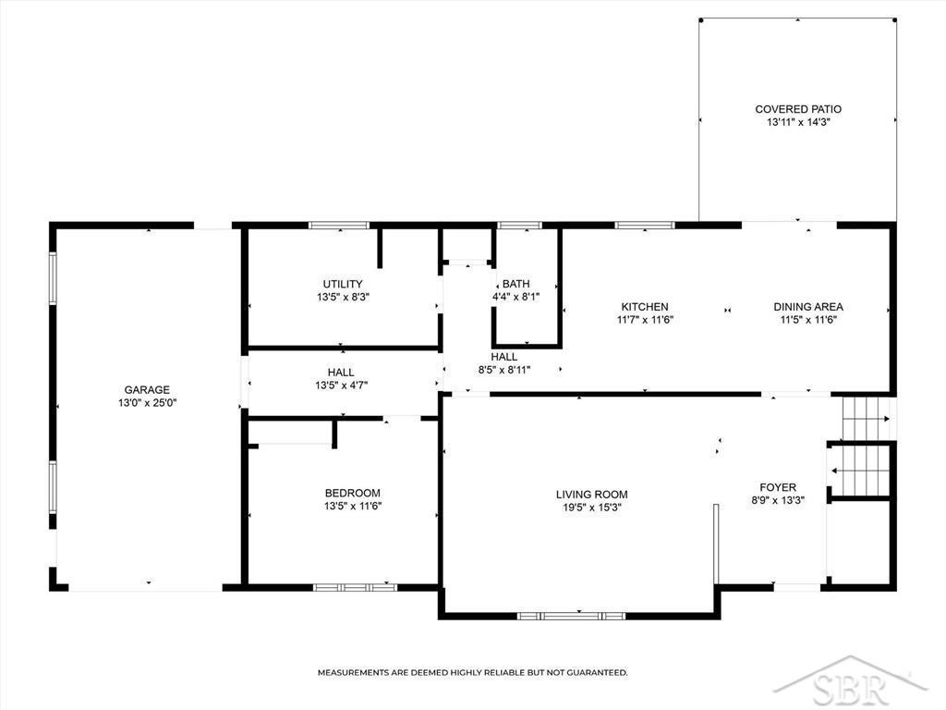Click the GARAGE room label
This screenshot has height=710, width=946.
147,390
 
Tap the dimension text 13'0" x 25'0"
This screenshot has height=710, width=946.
147,403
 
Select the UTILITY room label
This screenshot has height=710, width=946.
343,284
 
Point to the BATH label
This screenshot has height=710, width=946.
515,284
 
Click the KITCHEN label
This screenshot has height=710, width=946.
644,307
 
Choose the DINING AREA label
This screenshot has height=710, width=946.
808,307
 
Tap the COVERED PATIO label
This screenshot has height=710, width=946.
798,109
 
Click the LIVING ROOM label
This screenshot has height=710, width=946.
592,495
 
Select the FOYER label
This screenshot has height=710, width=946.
778,487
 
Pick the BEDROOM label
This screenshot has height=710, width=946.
352,493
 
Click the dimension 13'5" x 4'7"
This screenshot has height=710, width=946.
342,386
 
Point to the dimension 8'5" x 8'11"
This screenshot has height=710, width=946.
504,370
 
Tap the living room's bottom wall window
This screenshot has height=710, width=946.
571,616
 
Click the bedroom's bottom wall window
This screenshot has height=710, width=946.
355,587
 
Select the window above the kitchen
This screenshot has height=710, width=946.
644,226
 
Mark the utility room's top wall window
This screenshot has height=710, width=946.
338,226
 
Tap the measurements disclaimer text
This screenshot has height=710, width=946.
472,672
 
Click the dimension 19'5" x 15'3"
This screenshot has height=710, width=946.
592,508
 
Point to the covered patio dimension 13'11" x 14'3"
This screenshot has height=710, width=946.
798,122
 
